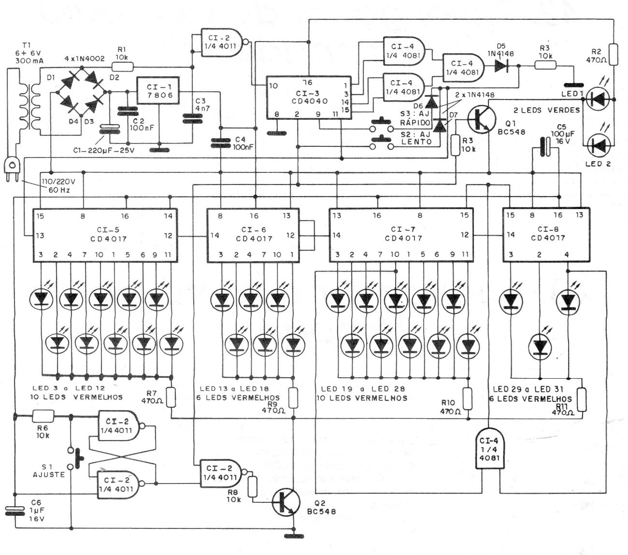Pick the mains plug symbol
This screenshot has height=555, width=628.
[x=14, y=169]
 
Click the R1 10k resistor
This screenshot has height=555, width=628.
[x=122, y=67]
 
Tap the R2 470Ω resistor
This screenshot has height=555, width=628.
[x=613, y=54]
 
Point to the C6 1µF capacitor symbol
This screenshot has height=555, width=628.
[x=14, y=511]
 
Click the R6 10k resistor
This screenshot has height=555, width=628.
[x=43, y=415]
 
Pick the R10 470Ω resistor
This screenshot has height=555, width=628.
[x=467, y=398]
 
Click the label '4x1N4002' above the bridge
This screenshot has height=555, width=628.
[x=85, y=59]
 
